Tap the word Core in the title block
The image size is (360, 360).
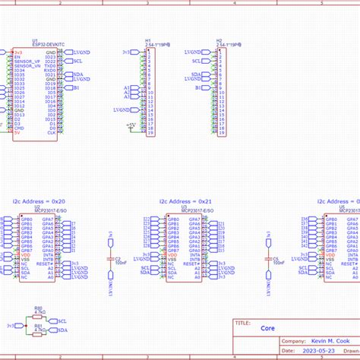[268, 329]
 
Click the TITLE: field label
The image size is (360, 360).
[243, 322]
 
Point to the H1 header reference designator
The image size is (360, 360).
[149, 40]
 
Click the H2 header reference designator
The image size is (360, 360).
[219, 40]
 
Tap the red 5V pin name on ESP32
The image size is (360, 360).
[17, 133]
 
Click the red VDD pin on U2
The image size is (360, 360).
[25, 254]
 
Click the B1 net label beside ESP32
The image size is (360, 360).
[76, 88]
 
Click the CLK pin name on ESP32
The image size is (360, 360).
[51, 133]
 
